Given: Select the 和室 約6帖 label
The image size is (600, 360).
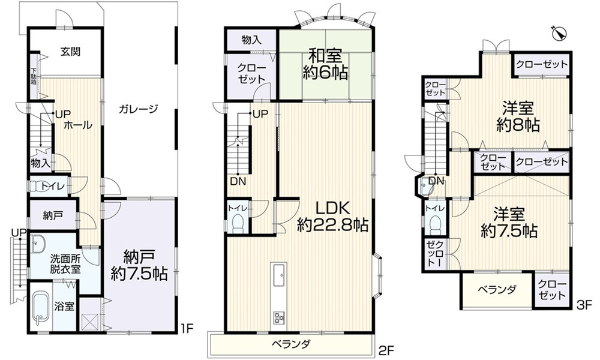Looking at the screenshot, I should click(x=325, y=65).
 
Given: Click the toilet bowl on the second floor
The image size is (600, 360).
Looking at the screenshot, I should click(x=237, y=224).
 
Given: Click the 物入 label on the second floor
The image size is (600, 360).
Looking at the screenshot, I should click(x=251, y=40).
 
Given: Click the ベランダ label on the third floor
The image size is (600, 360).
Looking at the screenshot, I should click(x=497, y=290).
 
